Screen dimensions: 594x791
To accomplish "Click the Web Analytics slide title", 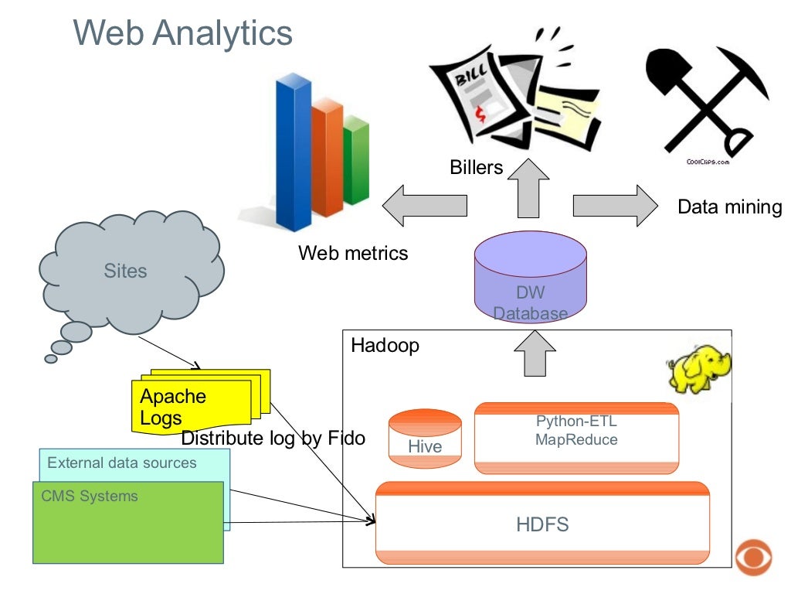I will coord(183,32).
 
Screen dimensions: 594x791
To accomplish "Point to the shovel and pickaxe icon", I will coord(707,101).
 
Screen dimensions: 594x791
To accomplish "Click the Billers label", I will coord(476,167).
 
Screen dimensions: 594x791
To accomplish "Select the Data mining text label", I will coord(729,207).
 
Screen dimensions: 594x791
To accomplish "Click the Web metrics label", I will coord(353,253).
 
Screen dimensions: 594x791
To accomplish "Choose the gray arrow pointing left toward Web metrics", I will coord(424,205).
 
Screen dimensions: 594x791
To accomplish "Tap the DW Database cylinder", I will coord(530,278).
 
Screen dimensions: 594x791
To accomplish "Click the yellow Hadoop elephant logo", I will coord(698,370).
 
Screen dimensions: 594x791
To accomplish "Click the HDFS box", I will coord(542,524).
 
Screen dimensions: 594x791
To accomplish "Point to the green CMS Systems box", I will coord(127,526).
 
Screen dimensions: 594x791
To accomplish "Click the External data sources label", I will coord(122,463).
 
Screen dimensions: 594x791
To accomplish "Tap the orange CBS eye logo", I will coord(754,558).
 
